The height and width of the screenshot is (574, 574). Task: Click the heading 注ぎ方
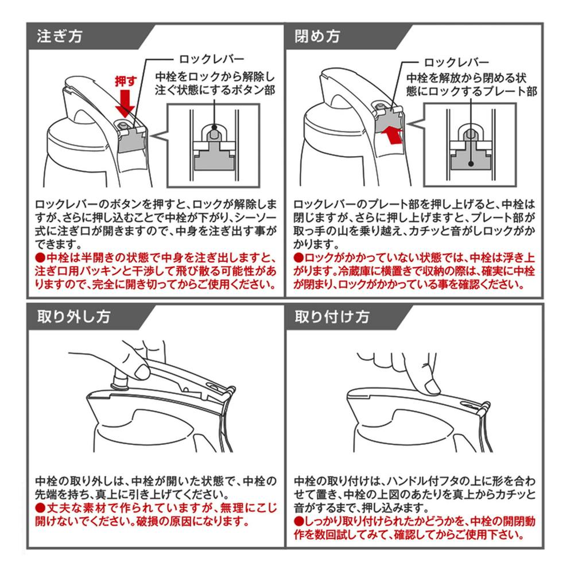point(59,36)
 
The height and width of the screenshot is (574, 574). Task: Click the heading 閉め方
point(317,36)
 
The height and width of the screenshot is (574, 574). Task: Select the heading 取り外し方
point(73,317)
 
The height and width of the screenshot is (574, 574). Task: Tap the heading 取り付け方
point(332,317)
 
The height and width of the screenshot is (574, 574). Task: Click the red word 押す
point(126,82)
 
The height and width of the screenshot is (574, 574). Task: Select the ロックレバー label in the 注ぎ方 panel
point(212,59)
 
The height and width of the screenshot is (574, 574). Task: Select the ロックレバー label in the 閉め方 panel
point(456,62)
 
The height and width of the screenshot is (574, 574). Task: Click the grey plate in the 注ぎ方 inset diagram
point(214,157)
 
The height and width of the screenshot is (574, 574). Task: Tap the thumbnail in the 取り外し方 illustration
point(142,373)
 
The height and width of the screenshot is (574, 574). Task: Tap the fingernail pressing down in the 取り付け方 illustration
point(433,386)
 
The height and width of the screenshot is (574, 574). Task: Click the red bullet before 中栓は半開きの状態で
point(40,258)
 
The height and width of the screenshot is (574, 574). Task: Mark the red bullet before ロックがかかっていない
point(298,258)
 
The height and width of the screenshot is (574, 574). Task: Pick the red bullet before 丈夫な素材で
point(40,508)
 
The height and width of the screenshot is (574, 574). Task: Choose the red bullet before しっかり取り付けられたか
point(298,521)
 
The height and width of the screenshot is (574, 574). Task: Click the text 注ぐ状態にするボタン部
point(215,90)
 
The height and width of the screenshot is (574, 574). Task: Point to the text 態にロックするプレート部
point(471,91)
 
